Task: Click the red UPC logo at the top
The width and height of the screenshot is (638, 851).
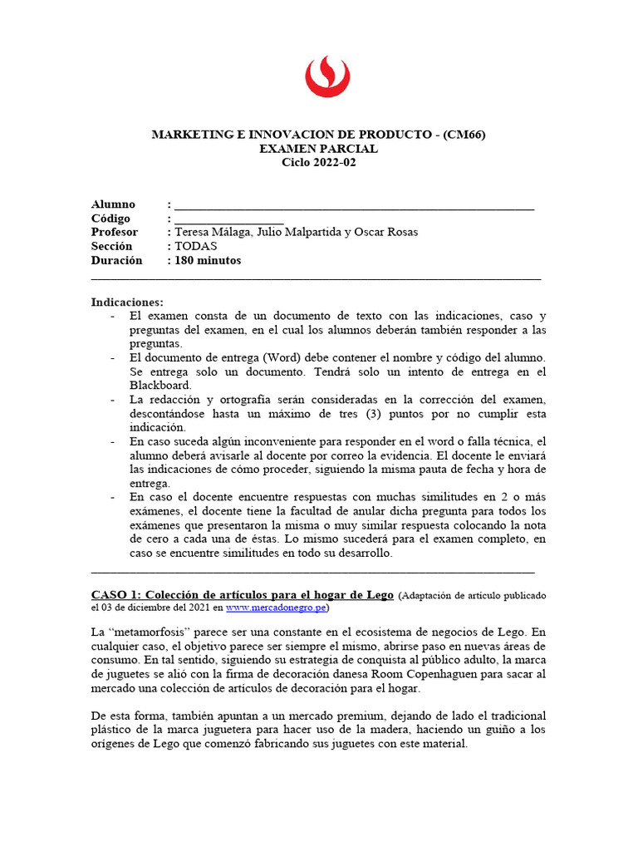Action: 326,76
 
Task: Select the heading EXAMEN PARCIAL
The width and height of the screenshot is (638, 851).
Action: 318,149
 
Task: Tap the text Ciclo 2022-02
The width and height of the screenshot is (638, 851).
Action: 318,162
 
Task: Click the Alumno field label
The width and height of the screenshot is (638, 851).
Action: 113,204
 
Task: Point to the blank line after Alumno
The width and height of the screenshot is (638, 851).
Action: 353,207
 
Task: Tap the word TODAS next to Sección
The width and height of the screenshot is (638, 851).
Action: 196,246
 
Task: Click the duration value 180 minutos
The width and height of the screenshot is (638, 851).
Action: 208,260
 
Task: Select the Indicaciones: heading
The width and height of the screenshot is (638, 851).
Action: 127,302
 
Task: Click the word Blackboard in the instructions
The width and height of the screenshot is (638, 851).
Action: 160,386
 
